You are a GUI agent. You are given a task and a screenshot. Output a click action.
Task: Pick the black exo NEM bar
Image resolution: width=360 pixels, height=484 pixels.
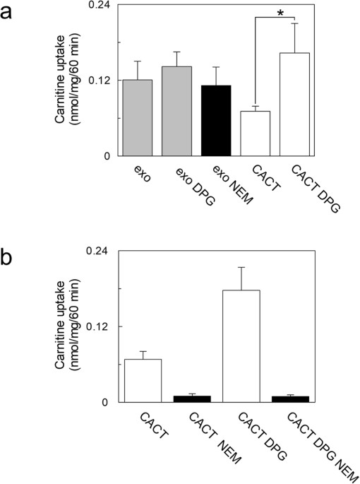216,120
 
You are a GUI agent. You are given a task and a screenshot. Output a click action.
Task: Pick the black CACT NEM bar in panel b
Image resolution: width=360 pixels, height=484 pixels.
192,399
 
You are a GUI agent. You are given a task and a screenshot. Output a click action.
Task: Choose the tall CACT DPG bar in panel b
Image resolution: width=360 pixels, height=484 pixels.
241,346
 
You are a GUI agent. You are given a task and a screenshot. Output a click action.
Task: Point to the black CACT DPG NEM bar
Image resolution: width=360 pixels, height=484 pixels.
290,399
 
